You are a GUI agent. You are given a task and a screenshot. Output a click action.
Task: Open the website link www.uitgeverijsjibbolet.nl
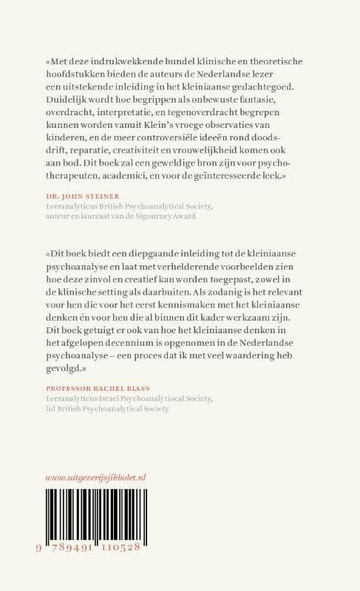pos(95,477)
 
